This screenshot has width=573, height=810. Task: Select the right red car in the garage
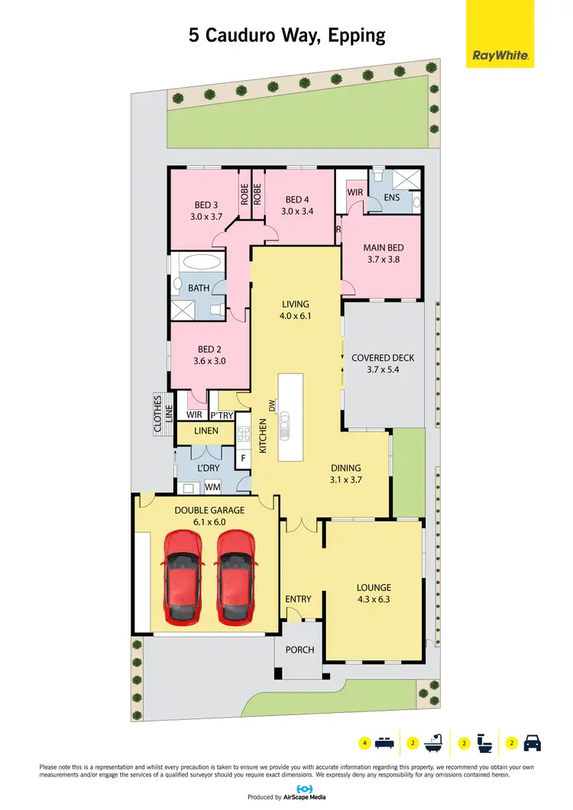coord(236,576)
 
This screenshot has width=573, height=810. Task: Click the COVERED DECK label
coord(383,357)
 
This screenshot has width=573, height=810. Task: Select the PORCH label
coord(299,650)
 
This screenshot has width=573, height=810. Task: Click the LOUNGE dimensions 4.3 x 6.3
coord(374,599)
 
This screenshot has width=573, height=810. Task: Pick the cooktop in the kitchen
coord(244,434)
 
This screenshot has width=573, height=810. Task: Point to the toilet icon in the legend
coord(484,741)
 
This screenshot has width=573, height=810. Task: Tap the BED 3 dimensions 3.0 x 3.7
coord(206,216)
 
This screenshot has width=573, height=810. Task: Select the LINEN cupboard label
coord(206,431)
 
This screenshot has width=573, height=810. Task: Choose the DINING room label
coord(345,468)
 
